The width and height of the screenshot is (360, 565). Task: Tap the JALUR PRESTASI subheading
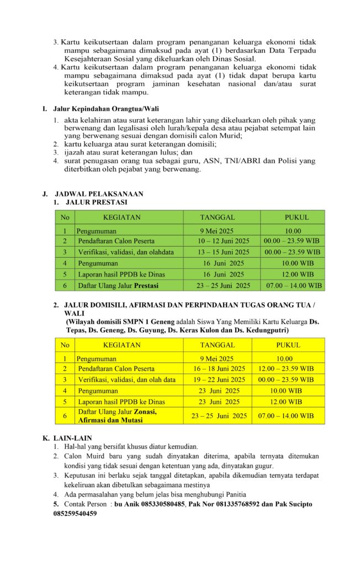(x=96, y=202)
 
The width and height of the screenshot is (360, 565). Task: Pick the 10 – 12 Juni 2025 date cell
(x=223, y=241)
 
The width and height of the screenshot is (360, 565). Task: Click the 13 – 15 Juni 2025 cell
(x=223, y=252)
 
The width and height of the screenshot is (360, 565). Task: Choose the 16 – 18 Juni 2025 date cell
(x=219, y=369)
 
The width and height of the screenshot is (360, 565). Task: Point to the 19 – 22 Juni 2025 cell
(x=219, y=380)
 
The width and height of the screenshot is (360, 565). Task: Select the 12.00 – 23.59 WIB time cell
(x=286, y=369)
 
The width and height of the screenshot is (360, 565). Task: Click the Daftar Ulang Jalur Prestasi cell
(x=118, y=285)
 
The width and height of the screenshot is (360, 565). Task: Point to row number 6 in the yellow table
(x=65, y=416)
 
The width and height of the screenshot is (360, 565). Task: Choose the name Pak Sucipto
(x=292, y=504)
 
